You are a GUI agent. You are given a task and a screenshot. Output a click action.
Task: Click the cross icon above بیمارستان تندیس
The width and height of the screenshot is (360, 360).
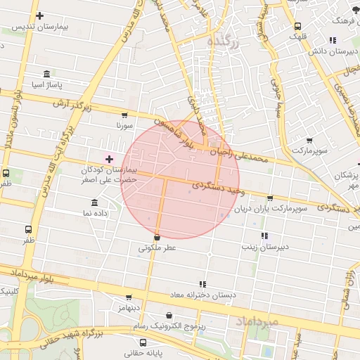coord(39,15)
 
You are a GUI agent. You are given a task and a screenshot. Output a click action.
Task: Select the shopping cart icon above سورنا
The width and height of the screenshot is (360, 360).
coord(124,115)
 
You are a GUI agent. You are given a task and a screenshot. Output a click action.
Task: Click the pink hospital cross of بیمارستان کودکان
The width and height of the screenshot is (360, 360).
coord(108,160)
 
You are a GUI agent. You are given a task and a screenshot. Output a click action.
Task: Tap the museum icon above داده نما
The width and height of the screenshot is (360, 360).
coord(94,202)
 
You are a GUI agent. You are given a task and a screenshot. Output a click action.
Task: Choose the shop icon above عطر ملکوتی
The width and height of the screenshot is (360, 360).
coord(156,238)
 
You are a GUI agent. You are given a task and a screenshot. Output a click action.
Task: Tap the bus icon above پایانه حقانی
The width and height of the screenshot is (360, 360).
coord(143,342)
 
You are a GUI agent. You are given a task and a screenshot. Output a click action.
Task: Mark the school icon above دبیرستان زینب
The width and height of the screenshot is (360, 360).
coord(264,236)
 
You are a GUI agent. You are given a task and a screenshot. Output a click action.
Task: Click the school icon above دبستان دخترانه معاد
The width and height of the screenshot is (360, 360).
coord(202,284)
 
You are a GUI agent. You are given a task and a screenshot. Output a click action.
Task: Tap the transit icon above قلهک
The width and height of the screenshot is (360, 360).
coord(298,27)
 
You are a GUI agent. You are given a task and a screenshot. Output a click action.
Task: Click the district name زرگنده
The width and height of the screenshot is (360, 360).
coord(224,43)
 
